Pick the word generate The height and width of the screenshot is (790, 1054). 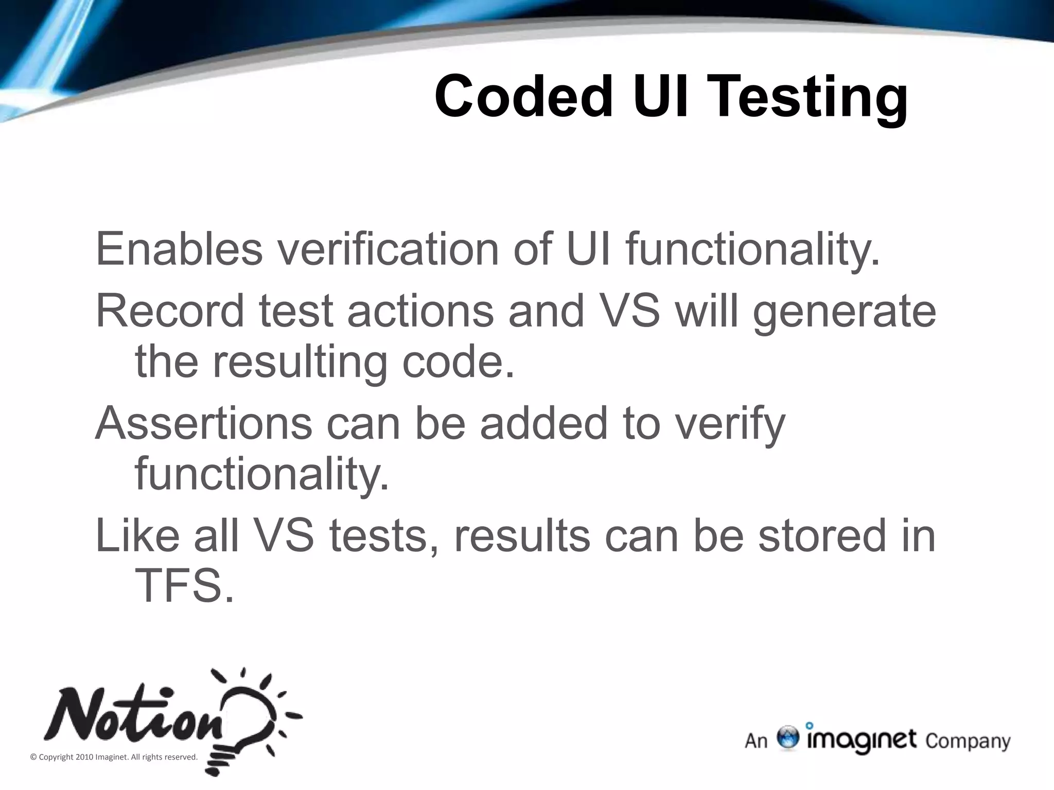844,313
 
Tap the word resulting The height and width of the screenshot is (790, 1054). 300,362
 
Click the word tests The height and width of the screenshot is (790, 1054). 384,536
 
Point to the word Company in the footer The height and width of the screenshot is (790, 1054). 968,742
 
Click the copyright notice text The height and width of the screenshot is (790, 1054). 114,757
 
